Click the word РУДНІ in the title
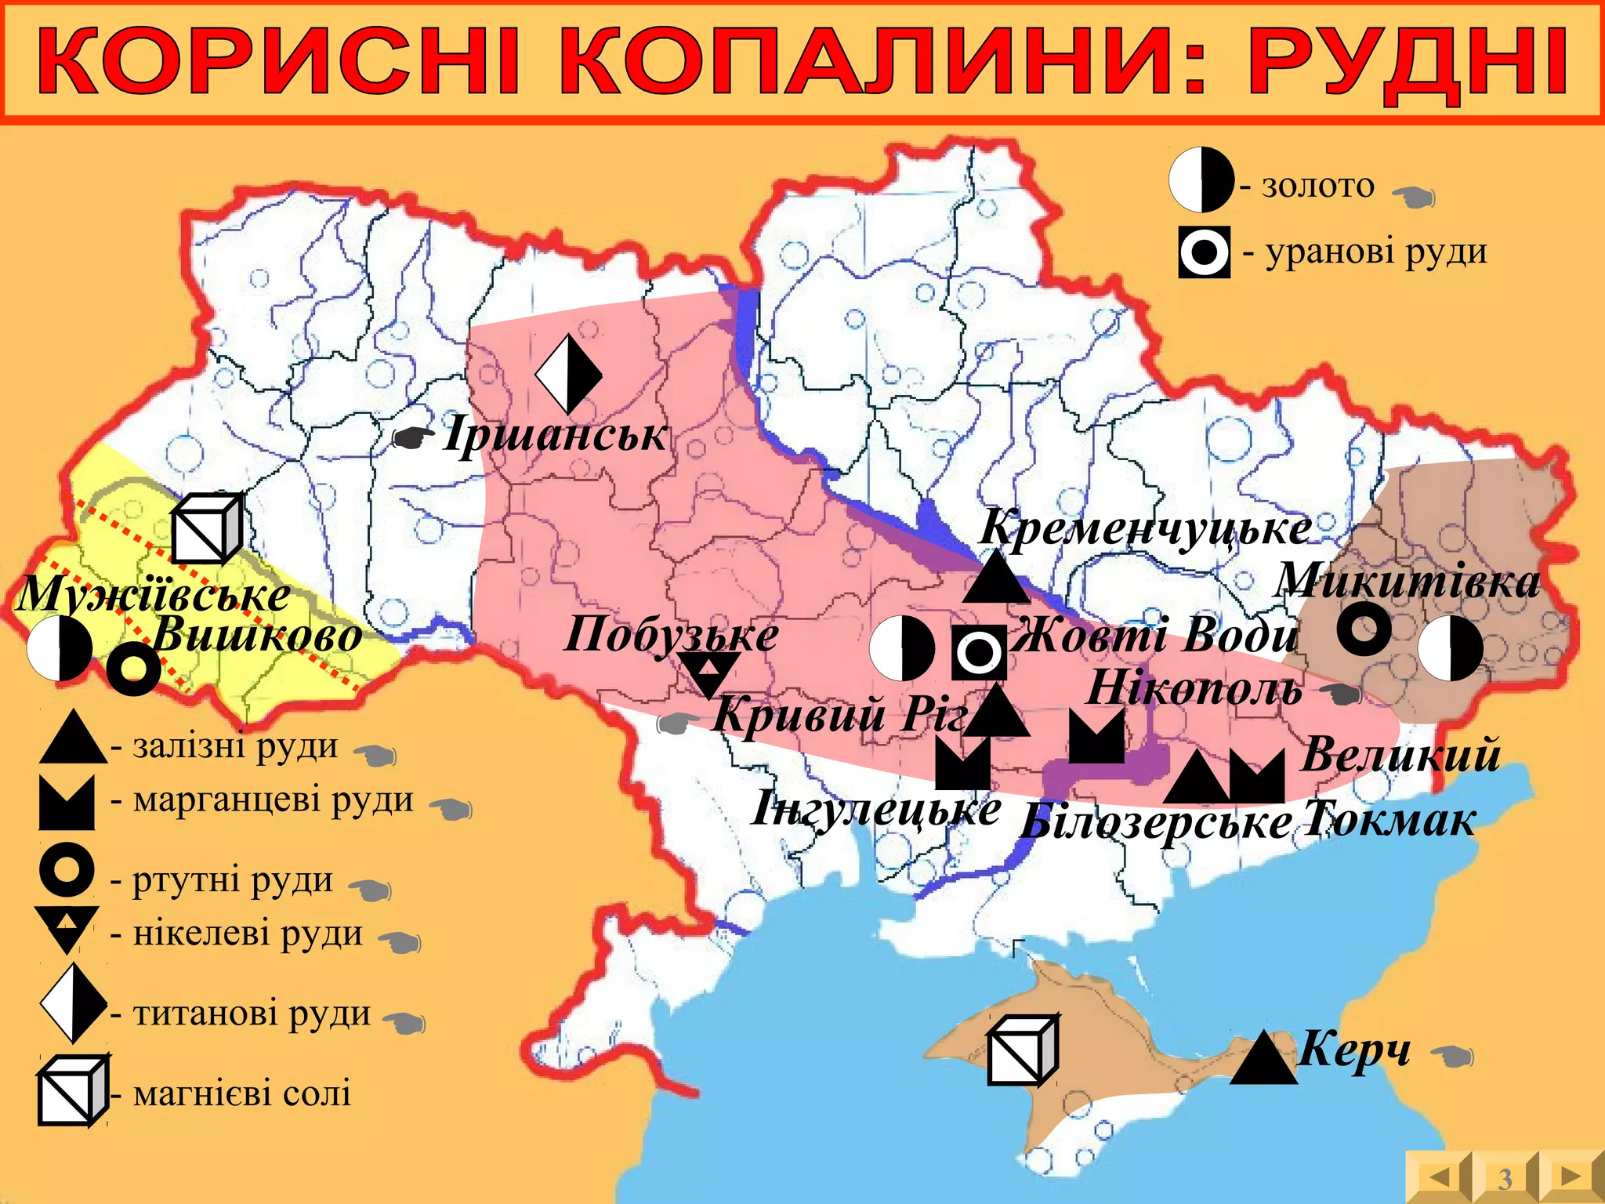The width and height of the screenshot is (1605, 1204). tap(1407, 61)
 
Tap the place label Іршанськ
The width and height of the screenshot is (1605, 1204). tap(555, 433)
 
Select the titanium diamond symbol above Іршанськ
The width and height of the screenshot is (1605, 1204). tap(568, 375)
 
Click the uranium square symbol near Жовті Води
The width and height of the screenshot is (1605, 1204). tap(979, 652)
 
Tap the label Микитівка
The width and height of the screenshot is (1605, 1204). tap(1408, 581)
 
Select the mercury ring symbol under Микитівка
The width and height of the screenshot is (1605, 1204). tap(1364, 629)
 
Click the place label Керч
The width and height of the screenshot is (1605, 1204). tap(1354, 1048)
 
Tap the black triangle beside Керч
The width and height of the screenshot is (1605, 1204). tap(1263, 1060)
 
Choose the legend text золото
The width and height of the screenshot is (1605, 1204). tap(1318, 186)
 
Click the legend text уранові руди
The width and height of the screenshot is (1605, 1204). tap(1376, 252)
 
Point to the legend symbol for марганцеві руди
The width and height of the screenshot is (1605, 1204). tap(67, 803)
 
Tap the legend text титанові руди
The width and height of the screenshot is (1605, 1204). tap(252, 1013)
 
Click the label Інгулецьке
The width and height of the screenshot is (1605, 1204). tap(876, 809)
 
